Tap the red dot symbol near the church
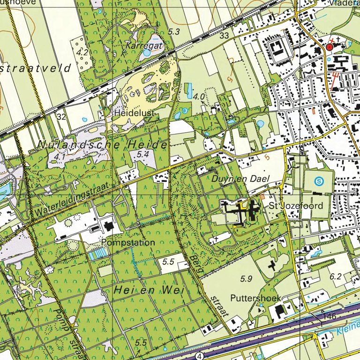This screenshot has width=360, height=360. [x=330, y=47]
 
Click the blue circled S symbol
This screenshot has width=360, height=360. [x=319, y=180]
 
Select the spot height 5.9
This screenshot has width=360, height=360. [x=246, y=279]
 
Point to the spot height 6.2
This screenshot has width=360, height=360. [x=335, y=277]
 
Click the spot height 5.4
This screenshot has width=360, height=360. [x=142, y=154]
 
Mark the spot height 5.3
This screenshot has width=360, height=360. [x=174, y=32]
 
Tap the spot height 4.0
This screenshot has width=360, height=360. [x=199, y=97]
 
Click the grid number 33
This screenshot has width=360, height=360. [x=224, y=36]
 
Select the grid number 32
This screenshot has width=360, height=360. [x=61, y=116]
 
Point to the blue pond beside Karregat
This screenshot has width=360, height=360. [x=147, y=53]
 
